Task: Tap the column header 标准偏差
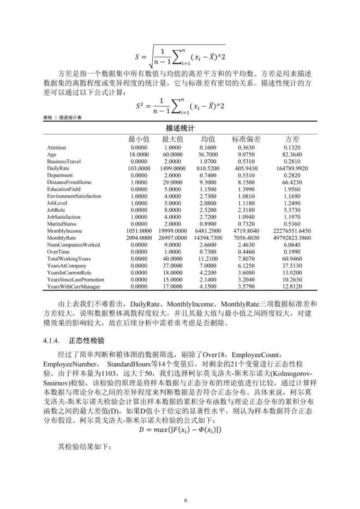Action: [x=246, y=139]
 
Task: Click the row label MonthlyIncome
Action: [x=64, y=232]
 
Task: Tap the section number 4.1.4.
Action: [x=51, y=340]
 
